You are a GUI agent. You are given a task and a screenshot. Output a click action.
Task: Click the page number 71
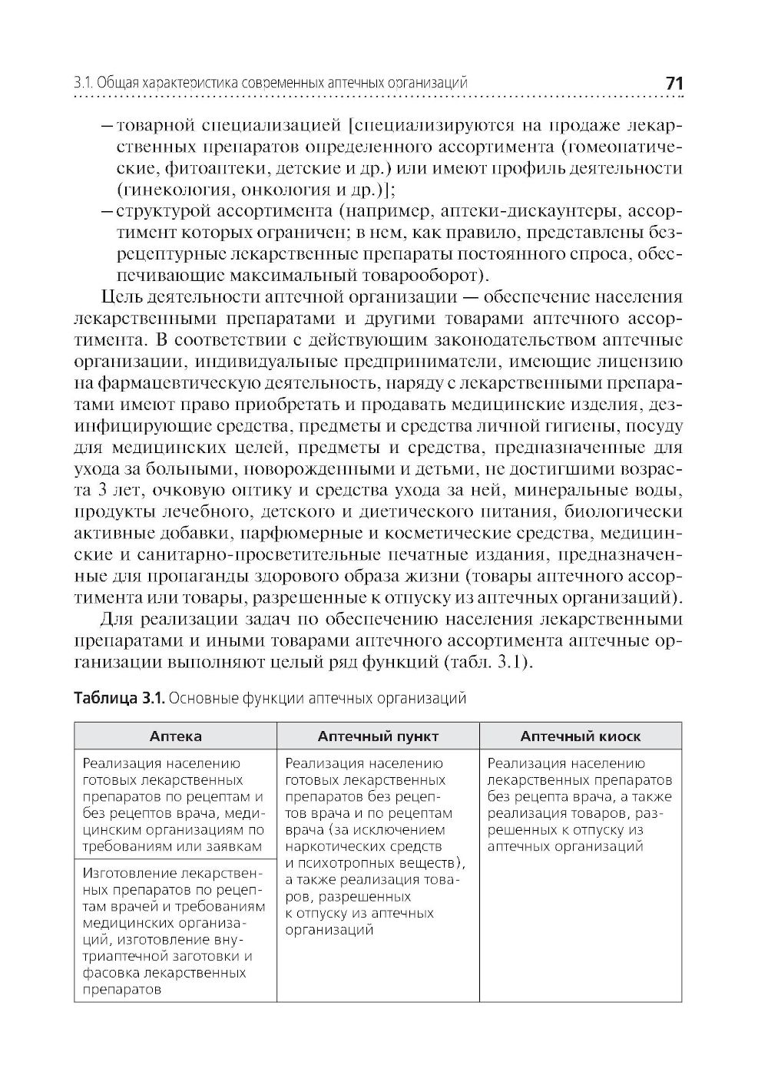(674, 83)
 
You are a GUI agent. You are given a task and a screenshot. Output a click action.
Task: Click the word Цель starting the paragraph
(120, 296)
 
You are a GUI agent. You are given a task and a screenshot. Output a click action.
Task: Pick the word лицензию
(644, 361)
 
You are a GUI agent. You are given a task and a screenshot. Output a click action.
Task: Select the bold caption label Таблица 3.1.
(118, 698)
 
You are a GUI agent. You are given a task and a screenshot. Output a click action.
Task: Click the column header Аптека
(175, 736)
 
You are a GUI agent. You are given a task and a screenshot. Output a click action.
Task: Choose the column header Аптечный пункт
(378, 736)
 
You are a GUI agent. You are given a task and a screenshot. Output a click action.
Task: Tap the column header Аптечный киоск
(580, 736)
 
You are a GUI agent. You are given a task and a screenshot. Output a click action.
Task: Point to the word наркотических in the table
(333, 846)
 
